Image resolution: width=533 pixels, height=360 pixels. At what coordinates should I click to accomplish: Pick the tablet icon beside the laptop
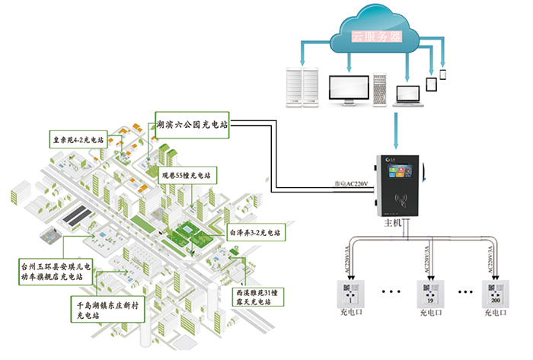click(x=431, y=83)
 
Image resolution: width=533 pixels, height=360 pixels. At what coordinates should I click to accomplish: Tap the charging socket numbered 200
click(x=495, y=293)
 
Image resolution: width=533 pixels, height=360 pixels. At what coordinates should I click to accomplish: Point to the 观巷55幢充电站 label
click(x=185, y=176)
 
